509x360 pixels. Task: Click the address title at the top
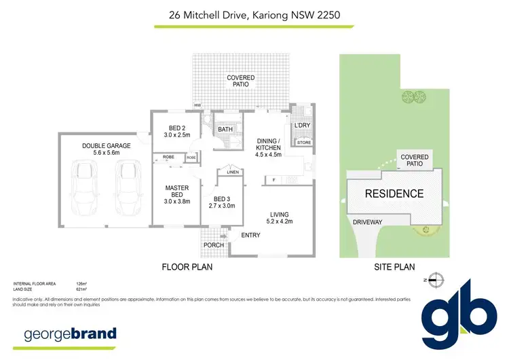[254, 14]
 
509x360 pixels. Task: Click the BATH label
[225, 129]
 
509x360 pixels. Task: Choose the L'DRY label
[302, 126]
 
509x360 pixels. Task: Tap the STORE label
[303, 143]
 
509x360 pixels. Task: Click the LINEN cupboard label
[232, 172]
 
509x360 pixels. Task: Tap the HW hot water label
[198, 105]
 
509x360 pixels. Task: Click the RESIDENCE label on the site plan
[394, 194]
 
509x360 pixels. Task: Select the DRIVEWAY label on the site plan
[367, 221]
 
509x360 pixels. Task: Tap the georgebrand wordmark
[70, 334]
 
